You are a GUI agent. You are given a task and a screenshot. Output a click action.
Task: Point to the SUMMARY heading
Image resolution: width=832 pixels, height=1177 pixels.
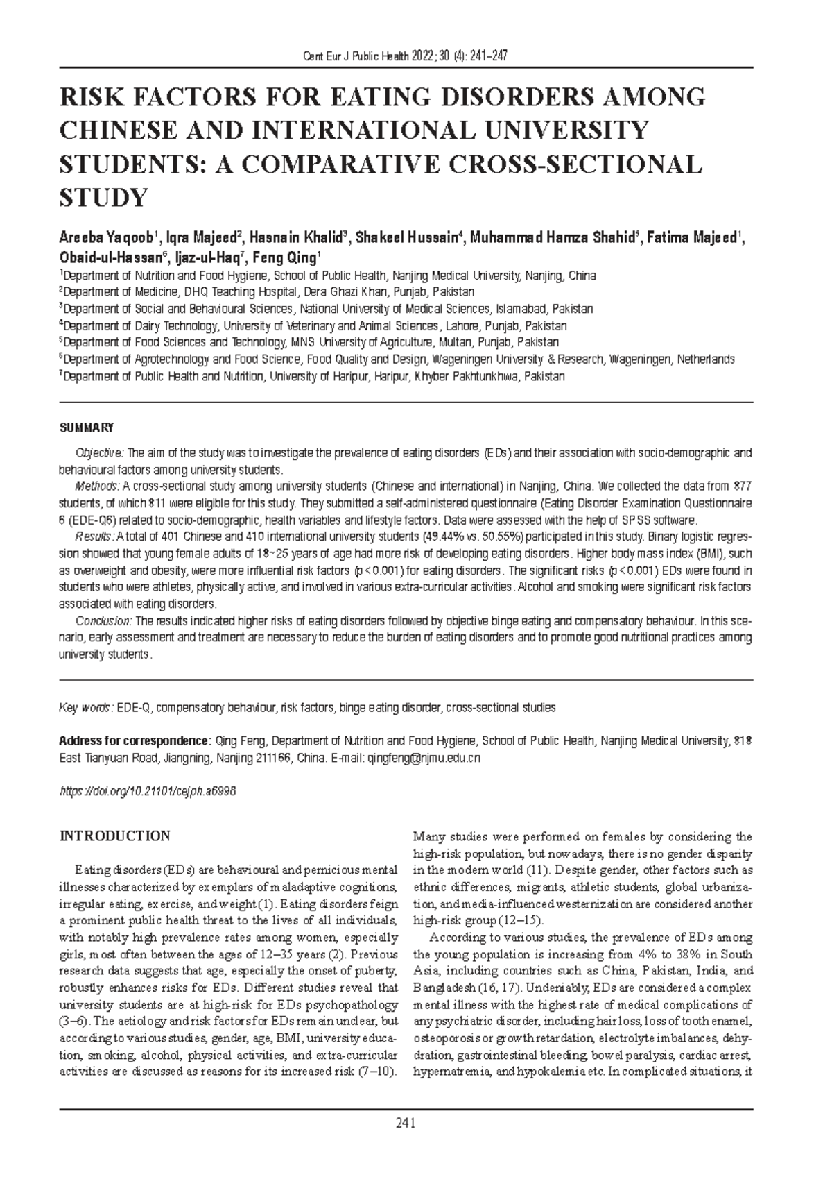click(x=86, y=427)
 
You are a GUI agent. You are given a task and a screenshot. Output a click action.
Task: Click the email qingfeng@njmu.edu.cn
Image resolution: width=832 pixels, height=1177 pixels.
click(x=424, y=759)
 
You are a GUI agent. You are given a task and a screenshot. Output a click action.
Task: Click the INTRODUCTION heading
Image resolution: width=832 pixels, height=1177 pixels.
click(x=114, y=836)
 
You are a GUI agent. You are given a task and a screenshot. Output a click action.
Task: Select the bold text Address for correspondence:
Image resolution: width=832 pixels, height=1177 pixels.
click(x=136, y=741)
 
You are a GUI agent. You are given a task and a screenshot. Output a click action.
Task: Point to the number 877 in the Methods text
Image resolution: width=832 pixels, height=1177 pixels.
click(x=743, y=486)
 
